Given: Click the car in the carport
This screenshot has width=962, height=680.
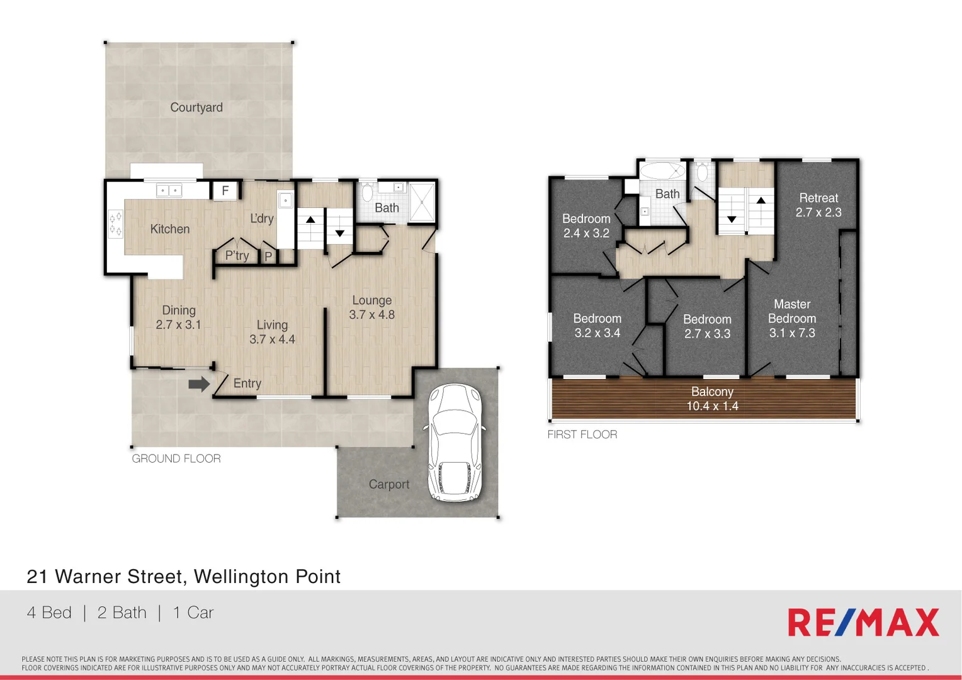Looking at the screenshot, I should click(x=455, y=443).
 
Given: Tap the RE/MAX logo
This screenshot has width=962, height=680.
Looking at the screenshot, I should click(x=863, y=623).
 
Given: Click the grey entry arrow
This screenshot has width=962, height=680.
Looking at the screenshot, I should click(x=199, y=383).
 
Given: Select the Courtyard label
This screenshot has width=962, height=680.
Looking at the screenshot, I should click(x=196, y=108).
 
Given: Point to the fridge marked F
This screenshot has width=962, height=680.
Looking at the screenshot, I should click(x=225, y=191).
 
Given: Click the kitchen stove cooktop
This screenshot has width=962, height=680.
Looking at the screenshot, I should click(x=115, y=224).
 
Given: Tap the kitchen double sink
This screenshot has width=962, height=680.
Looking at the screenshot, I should click(x=169, y=190).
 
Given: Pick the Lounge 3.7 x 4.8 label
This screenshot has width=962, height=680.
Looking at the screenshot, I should click(x=371, y=308).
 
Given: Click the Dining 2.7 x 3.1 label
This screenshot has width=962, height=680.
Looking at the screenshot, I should click(x=178, y=317).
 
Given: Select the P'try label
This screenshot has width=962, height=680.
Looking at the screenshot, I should click(x=237, y=256).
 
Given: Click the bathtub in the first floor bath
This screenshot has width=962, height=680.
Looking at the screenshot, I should click(x=662, y=171).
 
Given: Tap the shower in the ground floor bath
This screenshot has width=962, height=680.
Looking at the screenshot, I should click(x=422, y=202).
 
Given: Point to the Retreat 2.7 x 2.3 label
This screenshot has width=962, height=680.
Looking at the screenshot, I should click(x=818, y=205).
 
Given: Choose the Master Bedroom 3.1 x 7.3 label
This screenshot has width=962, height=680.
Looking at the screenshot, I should click(x=792, y=319).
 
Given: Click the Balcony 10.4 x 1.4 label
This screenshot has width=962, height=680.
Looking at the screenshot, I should click(x=712, y=399).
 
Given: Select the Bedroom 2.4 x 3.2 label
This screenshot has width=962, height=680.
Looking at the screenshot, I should click(x=586, y=226).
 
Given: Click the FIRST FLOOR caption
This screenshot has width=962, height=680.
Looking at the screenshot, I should click(x=582, y=434).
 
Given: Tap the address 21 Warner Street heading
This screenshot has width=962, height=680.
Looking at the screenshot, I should click(x=183, y=577).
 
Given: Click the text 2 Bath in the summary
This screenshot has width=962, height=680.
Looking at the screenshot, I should click(x=122, y=613).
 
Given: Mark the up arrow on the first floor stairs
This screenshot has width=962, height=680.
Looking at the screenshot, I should click(x=761, y=201).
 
